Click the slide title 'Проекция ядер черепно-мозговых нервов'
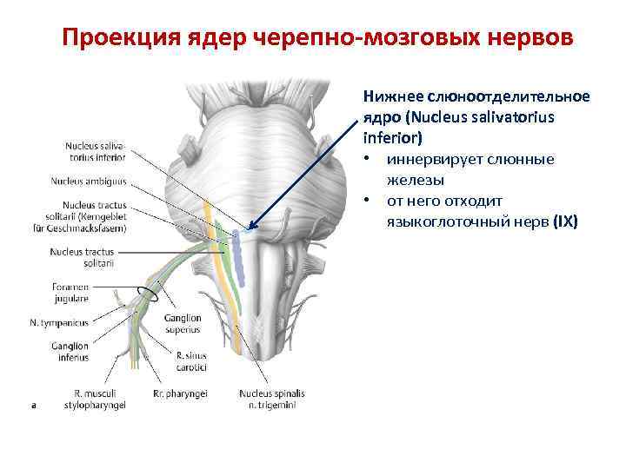click(x=318, y=39)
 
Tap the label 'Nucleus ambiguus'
click(x=89, y=182)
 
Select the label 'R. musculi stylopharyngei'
click(x=97, y=400)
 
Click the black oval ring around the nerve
click(x=143, y=293)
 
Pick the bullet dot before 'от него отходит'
click(x=368, y=201)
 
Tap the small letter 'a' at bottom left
click(x=33, y=404)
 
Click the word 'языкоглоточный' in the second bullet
click(x=443, y=221)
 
